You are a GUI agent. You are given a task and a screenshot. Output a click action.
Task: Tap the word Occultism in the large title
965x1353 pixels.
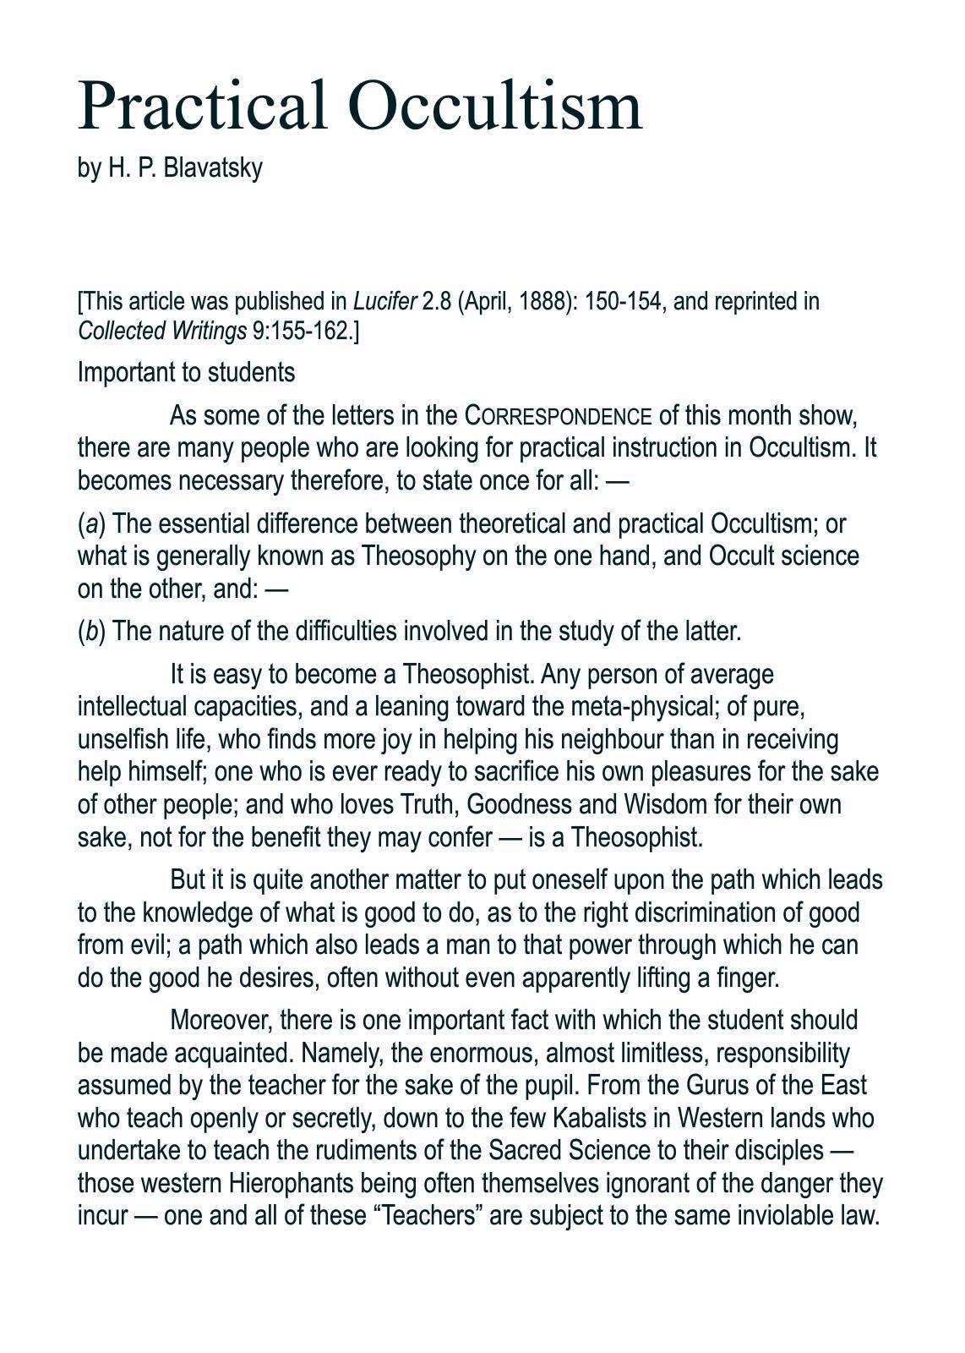[x=495, y=106]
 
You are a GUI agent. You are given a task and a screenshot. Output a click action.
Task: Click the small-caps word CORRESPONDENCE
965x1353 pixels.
[x=559, y=417]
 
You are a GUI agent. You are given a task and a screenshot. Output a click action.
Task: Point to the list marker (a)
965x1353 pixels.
[x=91, y=524]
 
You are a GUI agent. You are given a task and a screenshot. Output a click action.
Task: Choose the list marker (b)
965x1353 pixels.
[x=91, y=632]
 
